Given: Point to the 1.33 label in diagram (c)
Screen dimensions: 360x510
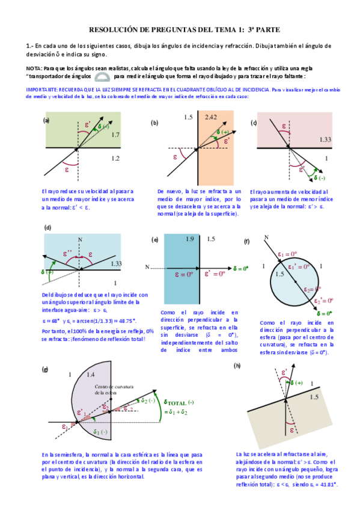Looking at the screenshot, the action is coord(326,140).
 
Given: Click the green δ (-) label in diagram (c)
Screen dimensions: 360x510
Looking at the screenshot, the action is coord(318,177).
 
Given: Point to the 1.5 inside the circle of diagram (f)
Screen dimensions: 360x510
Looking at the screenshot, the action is coord(279,274).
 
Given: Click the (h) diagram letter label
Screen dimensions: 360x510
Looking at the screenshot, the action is coord(237,365).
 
